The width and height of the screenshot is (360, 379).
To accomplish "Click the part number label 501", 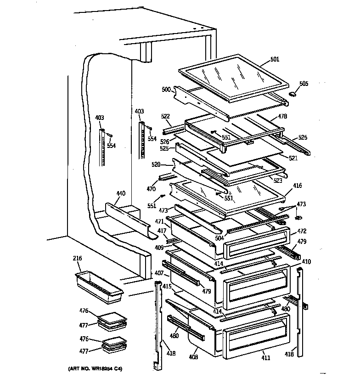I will point(275,59).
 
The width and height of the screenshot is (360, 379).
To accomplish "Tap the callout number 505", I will point(304,84).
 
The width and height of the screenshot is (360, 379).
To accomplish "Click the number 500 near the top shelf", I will point(166,90).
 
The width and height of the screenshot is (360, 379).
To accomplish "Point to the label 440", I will point(120,193).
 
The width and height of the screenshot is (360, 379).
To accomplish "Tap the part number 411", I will point(265,358).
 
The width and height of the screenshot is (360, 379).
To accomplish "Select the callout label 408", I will point(193,356).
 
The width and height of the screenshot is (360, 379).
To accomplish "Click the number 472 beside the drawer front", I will point(301,231).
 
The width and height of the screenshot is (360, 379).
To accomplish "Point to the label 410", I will point(306,262).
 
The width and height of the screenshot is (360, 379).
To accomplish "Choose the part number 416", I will point(298,186).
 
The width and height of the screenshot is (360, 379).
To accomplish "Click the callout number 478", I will point(282,116).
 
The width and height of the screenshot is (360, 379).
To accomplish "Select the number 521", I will point(293,158).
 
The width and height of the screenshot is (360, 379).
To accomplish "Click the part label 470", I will point(151,188).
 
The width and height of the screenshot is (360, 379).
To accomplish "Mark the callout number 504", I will point(219,238).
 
